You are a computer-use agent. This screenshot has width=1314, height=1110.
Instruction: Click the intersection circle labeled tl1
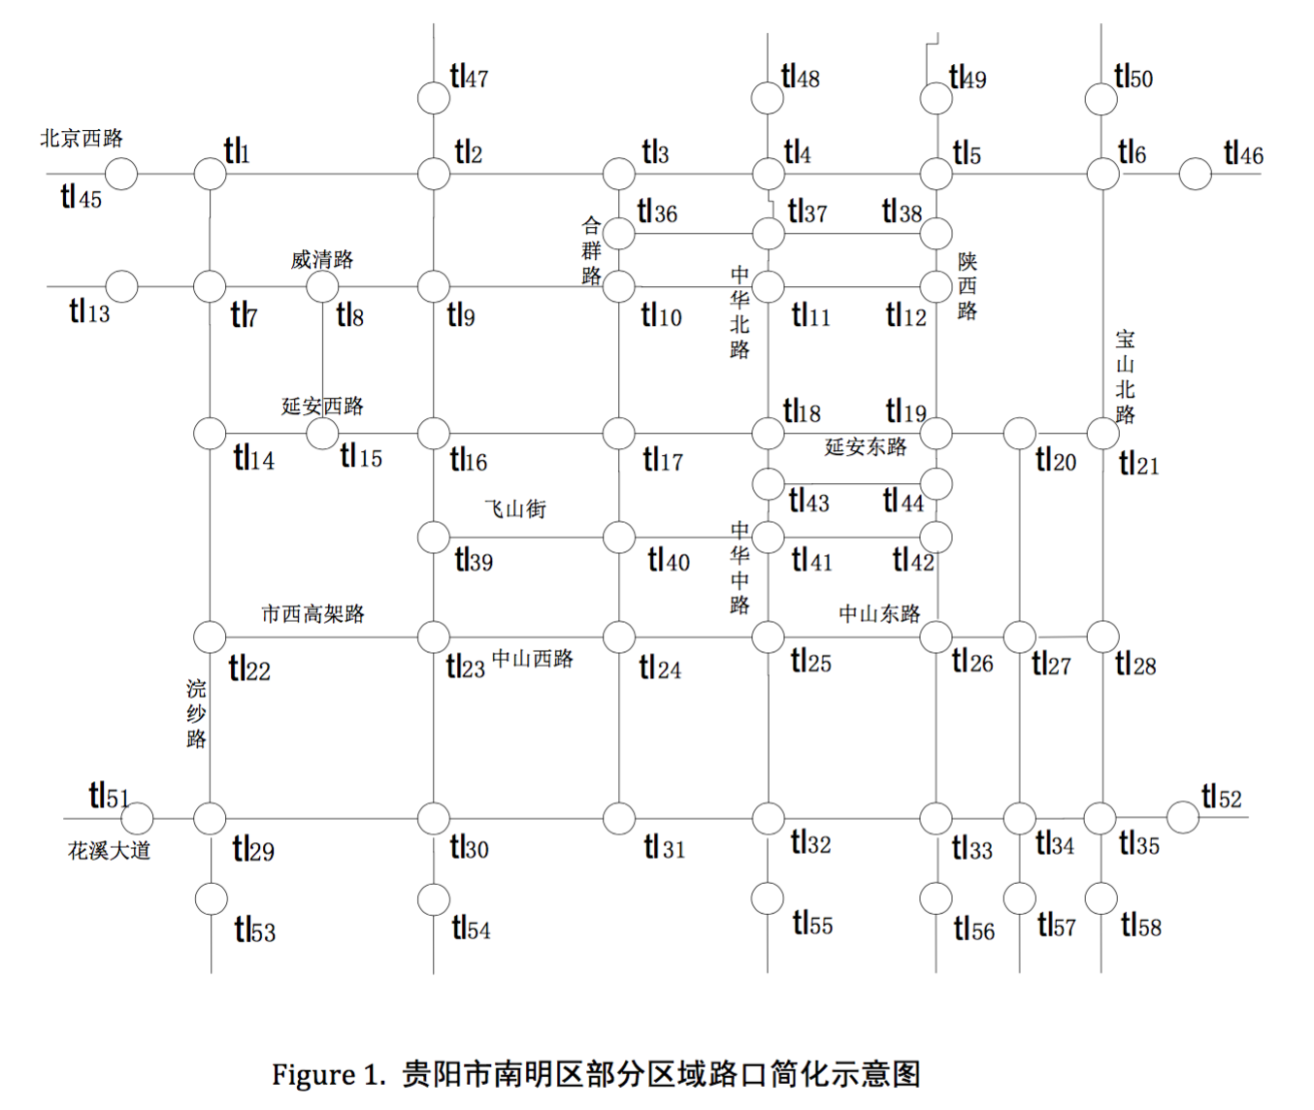coord(210,175)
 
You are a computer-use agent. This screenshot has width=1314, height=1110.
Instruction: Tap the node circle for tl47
coord(434,98)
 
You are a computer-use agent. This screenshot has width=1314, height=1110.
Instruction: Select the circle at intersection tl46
coord(1195,175)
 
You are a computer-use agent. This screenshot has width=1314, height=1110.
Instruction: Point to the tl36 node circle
coord(619,234)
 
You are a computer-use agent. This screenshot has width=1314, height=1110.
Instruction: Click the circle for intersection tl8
coord(322,287)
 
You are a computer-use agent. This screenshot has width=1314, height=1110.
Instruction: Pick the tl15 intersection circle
coord(322,433)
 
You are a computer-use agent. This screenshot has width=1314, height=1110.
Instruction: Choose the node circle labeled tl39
coord(434,537)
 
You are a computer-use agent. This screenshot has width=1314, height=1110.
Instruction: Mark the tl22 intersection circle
coord(210,637)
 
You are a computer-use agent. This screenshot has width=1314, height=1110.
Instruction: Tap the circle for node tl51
coord(137,818)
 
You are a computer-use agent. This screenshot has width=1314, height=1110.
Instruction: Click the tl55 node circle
coord(768,899)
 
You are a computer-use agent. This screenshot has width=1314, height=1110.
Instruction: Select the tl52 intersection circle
coord(1182,817)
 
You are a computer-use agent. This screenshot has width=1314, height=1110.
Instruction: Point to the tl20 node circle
coord(1019,434)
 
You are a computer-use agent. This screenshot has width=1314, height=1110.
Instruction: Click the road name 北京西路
coord(82,139)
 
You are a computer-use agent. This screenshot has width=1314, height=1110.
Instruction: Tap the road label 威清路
coord(322,259)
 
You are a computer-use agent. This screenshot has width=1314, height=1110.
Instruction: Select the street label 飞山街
coord(515,508)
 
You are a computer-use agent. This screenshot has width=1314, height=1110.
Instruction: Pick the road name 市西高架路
coord(312,613)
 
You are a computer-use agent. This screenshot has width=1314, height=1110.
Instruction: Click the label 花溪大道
coord(110,851)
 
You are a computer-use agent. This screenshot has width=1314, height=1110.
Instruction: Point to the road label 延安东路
coord(866,446)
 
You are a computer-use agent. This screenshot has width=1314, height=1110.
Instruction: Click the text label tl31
coord(665,848)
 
